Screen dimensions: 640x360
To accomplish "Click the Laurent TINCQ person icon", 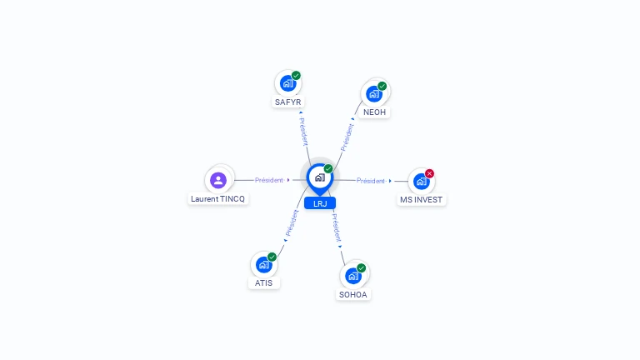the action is tap(218, 180).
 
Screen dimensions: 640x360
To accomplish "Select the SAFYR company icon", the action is tap(287, 83).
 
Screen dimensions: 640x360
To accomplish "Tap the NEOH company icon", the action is tap(374, 94).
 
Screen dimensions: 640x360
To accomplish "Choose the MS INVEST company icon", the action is tap(421, 181).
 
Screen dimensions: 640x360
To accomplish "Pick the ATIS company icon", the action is tap(263, 264).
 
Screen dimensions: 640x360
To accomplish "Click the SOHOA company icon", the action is tap(353, 276).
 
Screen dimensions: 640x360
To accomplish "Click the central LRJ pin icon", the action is tap(320, 179).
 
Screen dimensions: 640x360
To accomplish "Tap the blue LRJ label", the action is tap(320, 203).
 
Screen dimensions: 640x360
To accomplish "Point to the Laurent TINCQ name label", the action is tap(218, 199).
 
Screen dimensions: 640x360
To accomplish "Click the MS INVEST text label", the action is tap(421, 200).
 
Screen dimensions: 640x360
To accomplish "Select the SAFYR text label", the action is tap(287, 102).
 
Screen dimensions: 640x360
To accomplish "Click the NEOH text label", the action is tap(374, 112).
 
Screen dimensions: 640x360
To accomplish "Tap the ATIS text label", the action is tap(263, 282).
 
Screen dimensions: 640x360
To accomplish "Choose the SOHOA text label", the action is tap(353, 295).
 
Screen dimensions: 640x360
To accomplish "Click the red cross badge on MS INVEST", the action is tap(429, 173).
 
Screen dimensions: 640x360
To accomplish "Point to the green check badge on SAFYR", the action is tap(296, 76).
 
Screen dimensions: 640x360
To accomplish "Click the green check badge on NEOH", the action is tap(382, 86).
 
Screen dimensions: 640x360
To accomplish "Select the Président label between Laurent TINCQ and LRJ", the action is tap(269, 180).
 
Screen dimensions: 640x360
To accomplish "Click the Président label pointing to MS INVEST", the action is tap(371, 181).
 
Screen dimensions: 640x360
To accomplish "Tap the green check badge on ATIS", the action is tap(272, 257).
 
